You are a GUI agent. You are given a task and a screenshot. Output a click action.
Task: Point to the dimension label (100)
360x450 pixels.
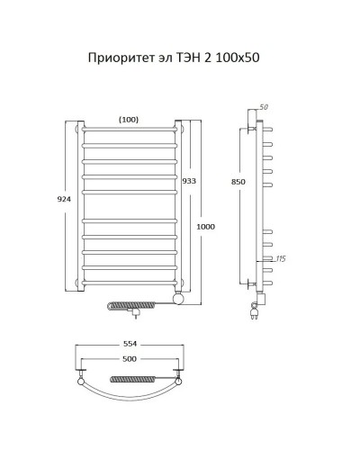(x=129, y=118)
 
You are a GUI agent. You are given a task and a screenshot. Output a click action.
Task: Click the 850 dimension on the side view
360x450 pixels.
(x=237, y=183)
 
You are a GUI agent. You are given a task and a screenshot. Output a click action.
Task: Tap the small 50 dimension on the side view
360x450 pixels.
(x=265, y=108)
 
